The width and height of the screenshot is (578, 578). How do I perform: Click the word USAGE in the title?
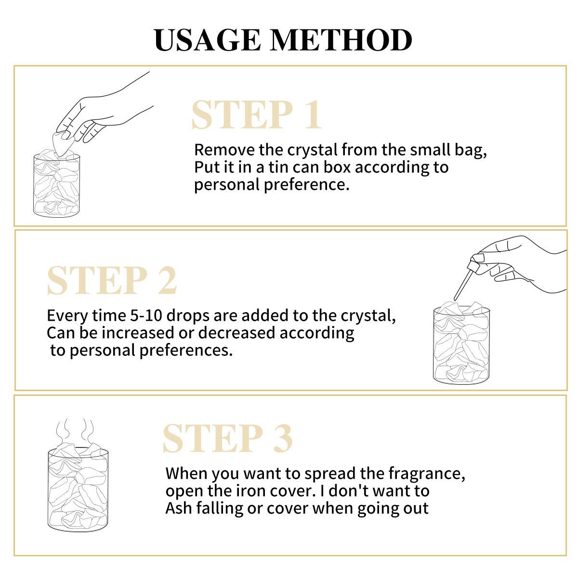[207, 40]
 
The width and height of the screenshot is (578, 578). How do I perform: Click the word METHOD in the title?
[342, 40]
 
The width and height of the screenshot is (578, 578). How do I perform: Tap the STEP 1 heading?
[257, 115]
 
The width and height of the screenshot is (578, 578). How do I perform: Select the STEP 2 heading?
[112, 281]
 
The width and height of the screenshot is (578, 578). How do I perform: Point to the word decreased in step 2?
[236, 333]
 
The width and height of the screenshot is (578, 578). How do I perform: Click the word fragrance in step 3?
[427, 474]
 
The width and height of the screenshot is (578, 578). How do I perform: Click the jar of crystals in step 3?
[78, 488]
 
